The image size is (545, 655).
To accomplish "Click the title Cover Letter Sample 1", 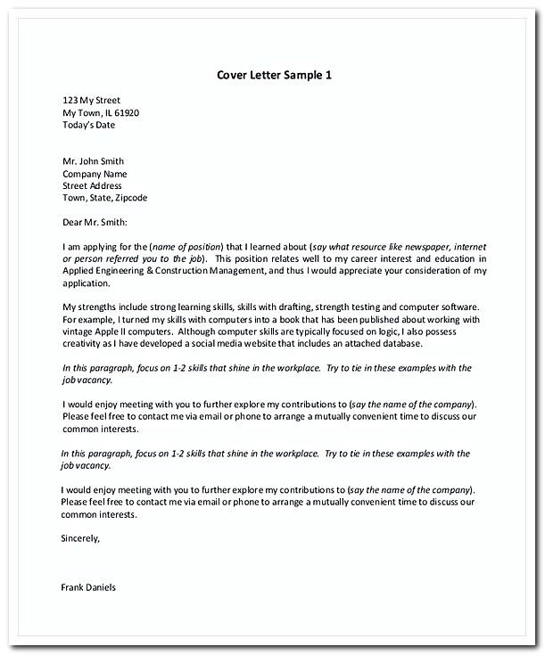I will click(274, 74).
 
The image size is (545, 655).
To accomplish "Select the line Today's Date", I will click(88, 126).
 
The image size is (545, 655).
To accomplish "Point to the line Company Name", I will click(95, 174).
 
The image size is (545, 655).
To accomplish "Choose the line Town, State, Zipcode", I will click(104, 198).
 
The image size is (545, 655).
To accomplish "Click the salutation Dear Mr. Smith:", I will click(95, 221).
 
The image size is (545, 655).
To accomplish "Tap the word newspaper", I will click(417, 245).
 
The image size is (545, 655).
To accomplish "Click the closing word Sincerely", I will click(80, 538).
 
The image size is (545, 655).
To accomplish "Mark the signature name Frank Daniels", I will click(89, 587).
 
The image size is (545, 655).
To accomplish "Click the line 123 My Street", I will click(91, 101).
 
